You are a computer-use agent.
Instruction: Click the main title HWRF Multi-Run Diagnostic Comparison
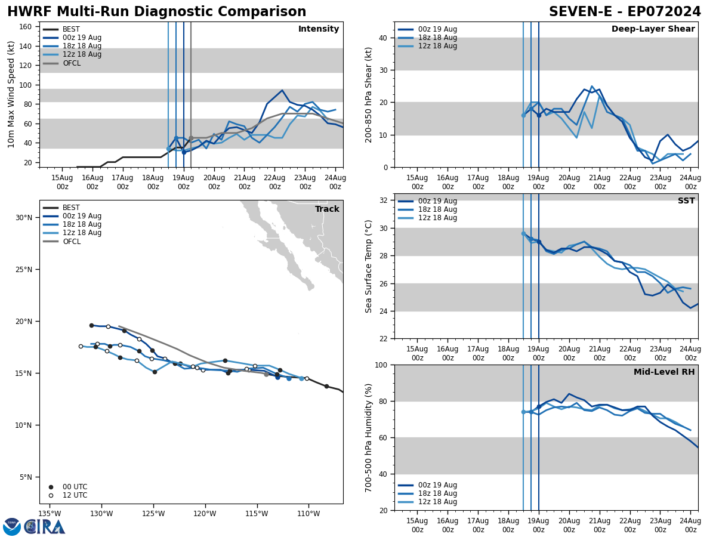156,12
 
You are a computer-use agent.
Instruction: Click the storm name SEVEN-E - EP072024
625,12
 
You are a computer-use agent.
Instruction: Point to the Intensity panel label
319,29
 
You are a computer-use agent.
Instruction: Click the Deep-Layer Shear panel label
653,29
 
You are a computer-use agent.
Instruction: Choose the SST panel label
686,201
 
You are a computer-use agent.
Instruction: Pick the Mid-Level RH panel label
664,372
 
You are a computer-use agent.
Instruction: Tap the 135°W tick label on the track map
50,514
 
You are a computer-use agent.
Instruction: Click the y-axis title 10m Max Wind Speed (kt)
11,94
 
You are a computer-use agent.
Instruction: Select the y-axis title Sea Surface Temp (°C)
369,266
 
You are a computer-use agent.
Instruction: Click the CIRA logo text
45,527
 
